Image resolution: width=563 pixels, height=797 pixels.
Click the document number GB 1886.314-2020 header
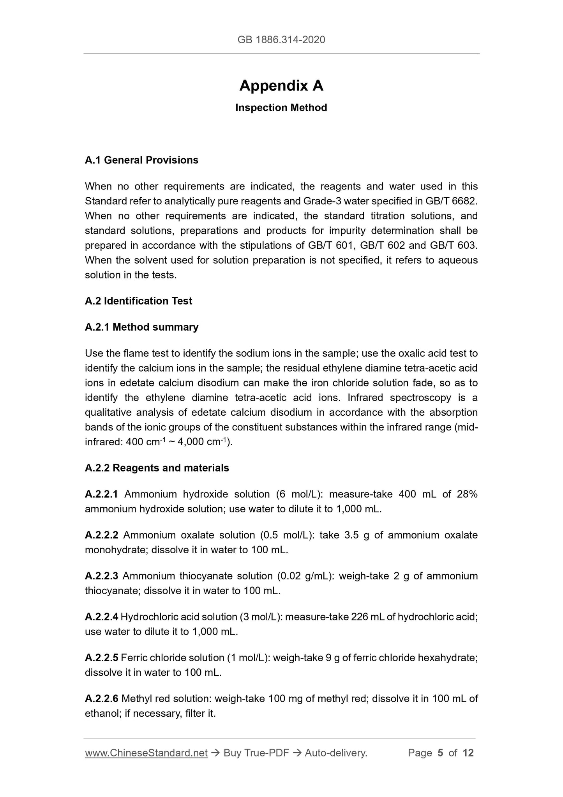tap(281, 39)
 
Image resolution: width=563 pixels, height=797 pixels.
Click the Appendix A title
tap(281, 85)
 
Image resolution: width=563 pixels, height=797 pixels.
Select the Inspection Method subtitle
tap(281, 108)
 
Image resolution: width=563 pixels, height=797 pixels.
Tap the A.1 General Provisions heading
tap(141, 160)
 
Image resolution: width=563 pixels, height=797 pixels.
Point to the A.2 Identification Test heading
tap(138, 301)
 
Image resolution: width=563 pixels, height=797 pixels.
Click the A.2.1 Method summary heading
tap(141, 327)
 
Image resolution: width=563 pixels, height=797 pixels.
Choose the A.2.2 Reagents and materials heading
tap(157, 468)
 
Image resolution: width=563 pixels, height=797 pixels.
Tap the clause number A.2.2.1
tap(101, 494)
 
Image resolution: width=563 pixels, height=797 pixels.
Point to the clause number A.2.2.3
tap(101, 576)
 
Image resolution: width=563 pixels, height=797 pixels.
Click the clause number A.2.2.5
tap(101, 658)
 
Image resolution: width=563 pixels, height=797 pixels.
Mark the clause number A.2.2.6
tap(101, 699)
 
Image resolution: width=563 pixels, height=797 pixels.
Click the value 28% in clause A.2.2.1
tap(467, 494)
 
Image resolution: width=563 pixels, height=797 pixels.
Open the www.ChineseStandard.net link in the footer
tap(146, 753)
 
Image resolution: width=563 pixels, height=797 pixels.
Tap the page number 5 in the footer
tap(440, 753)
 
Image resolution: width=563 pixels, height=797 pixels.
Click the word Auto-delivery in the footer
tap(336, 753)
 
